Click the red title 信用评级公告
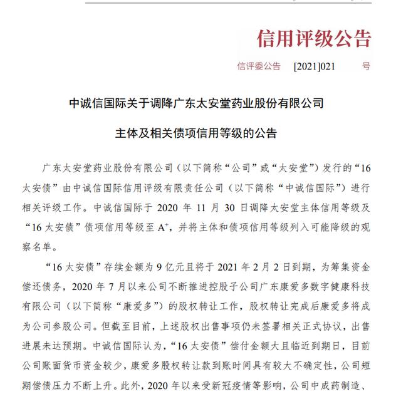[314, 39]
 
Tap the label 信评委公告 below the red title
[259, 65]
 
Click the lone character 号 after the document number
[366, 65]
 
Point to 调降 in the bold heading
[163, 101]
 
